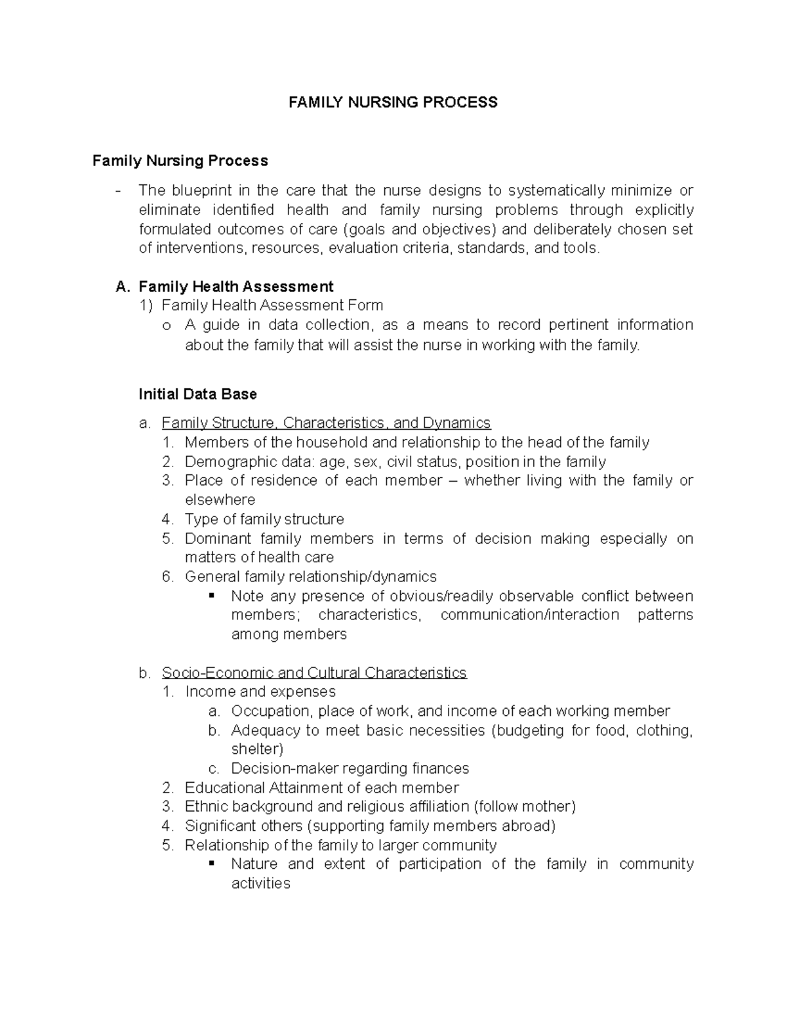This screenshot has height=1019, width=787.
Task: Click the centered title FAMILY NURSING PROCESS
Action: pos(393,102)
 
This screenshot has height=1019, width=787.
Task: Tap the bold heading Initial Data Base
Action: pos(197,394)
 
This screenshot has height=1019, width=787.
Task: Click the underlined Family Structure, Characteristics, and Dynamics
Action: pos(326,423)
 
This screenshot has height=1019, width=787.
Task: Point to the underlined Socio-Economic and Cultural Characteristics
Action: pos(314,673)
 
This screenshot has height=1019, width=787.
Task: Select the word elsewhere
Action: pos(220,500)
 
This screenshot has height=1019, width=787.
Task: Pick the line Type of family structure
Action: pos(264,519)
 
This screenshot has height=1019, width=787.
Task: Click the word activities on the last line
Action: pos(260,883)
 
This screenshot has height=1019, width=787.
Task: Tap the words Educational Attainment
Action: pos(272,787)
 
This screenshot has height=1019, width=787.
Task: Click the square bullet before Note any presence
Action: pos(212,596)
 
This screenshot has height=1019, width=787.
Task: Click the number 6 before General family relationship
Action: pos(167,577)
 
